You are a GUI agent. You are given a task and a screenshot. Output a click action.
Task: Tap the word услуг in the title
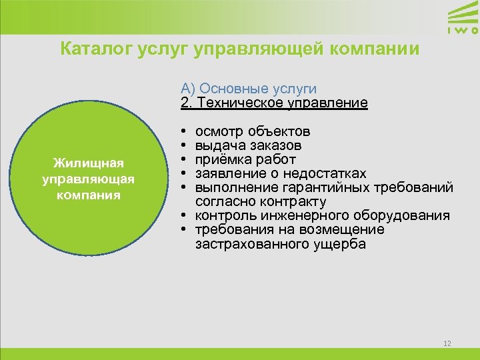(x=155, y=49)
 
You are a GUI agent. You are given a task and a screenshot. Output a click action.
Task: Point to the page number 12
(x=447, y=343)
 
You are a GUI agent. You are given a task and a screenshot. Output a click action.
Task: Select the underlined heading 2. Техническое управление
(x=273, y=103)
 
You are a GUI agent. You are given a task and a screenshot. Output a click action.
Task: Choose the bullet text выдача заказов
(x=248, y=145)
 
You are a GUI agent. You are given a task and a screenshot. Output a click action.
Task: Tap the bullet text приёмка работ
(x=245, y=159)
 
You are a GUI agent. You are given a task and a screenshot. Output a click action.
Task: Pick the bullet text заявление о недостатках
(x=280, y=173)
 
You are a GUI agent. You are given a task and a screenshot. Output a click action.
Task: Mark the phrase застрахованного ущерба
(x=280, y=244)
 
